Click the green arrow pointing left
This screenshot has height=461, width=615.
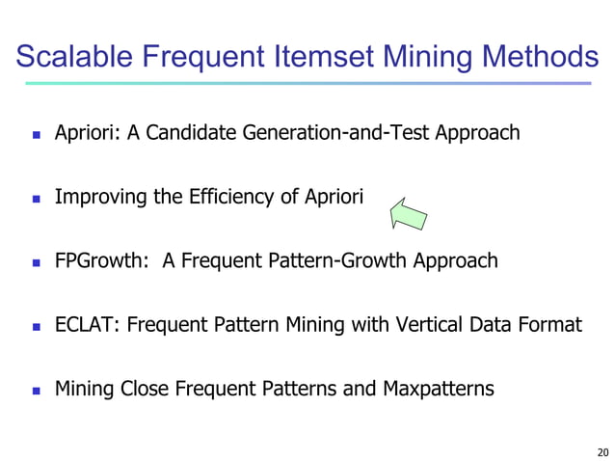click(408, 211)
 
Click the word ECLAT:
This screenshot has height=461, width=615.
click(86, 325)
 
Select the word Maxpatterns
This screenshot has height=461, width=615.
click(438, 389)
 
